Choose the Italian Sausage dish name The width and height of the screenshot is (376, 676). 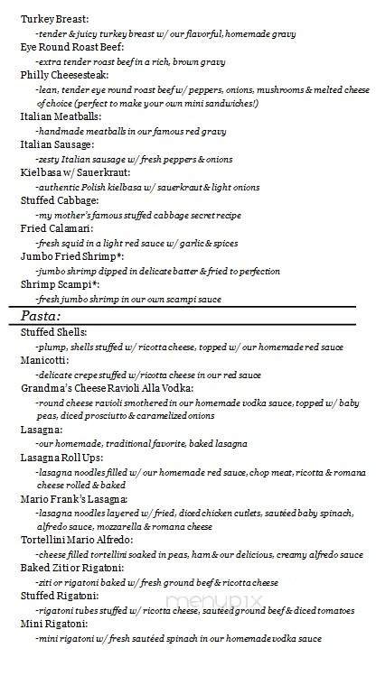[x=57, y=144]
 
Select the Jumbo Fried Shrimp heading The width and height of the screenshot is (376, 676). [x=70, y=257]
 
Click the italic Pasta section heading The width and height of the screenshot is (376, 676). [x=41, y=316]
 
